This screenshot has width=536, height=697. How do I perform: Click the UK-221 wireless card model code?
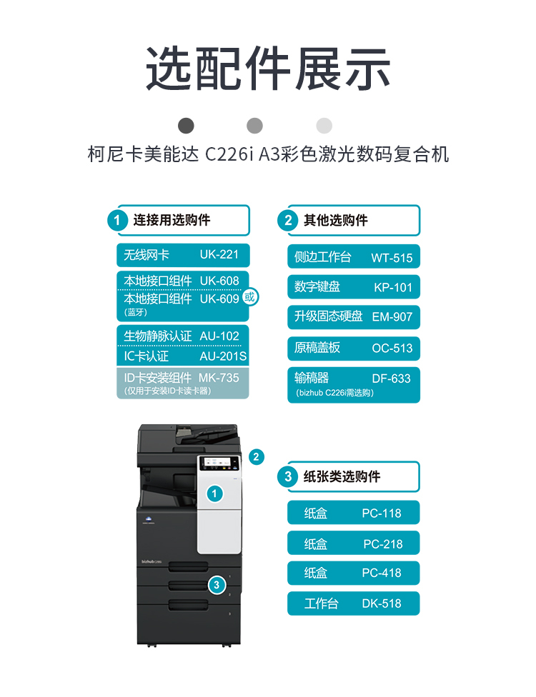click(x=219, y=254)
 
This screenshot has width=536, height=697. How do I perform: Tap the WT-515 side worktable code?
click(x=392, y=258)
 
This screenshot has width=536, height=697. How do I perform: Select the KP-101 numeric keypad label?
click(x=393, y=287)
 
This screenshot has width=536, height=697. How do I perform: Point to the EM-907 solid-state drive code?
click(x=392, y=316)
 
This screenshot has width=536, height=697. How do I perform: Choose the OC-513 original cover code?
click(x=392, y=348)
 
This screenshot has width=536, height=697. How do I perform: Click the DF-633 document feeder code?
click(x=392, y=378)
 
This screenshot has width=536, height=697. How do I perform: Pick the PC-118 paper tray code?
click(x=382, y=513)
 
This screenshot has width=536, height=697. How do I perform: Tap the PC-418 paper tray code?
click(x=382, y=573)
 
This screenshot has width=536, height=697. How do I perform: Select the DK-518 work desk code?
click(x=382, y=603)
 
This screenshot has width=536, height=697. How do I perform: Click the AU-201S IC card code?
click(x=223, y=356)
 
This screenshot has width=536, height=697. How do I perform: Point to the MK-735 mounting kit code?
click(x=219, y=378)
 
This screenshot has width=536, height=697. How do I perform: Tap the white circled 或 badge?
click(x=250, y=296)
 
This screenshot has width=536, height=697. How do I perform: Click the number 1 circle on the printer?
click(x=214, y=493)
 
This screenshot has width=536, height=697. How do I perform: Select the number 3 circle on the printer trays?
click(x=217, y=585)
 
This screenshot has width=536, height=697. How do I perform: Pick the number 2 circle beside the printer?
click(x=257, y=457)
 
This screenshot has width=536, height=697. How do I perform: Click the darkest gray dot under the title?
click(x=186, y=126)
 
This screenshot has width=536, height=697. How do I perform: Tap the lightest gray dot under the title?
click(x=324, y=126)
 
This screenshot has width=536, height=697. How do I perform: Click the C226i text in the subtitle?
click(x=229, y=154)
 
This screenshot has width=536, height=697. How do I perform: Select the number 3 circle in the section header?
click(x=288, y=476)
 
